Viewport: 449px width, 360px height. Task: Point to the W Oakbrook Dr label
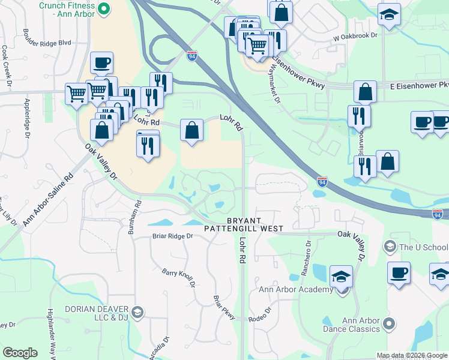point(358,36)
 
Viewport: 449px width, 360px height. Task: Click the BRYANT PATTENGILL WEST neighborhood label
point(243,224)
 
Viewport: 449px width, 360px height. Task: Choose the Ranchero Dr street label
point(305,258)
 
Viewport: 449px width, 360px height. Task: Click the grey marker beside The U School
point(389,247)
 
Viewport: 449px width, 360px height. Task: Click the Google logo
point(20,353)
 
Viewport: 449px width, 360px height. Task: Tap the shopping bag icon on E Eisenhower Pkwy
point(364,92)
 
